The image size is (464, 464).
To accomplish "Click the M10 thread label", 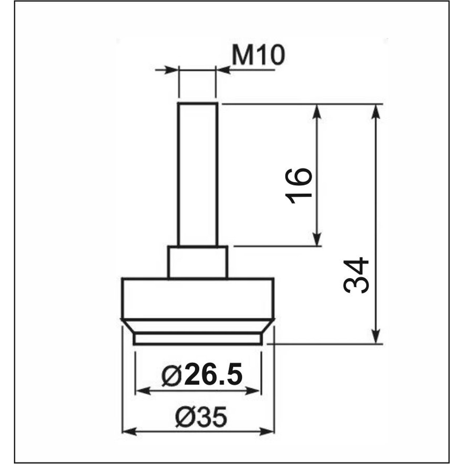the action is coord(259,56).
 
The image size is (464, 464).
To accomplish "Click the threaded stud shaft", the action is coord(198,174).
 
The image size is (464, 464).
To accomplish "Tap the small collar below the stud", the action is coord(198,262).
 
